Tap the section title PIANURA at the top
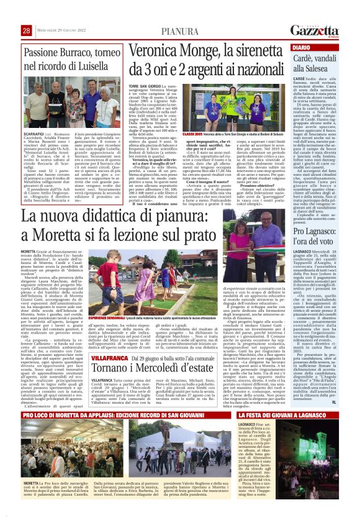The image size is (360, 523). click(x=179, y=31)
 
